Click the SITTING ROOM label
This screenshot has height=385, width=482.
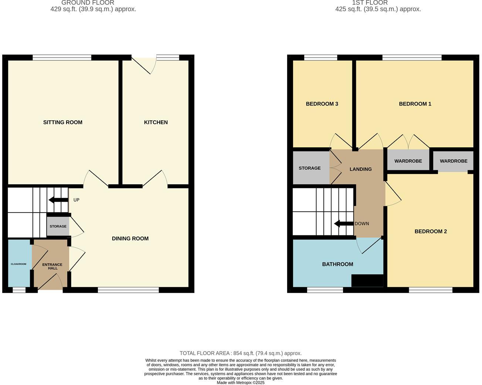63,122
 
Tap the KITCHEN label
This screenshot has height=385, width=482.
156,122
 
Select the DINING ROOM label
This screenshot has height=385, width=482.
130,238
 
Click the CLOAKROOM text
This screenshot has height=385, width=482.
18,264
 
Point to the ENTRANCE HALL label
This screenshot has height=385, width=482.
52,266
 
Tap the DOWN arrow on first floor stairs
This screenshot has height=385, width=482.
343,224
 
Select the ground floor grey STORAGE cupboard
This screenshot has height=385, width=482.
58,226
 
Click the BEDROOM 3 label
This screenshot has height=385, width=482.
322,104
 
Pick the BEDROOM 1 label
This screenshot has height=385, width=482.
415,104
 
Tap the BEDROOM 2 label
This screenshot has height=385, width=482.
431,231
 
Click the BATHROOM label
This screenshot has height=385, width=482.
337,264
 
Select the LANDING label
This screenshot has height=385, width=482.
360,169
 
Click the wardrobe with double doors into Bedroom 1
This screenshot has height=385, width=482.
408,161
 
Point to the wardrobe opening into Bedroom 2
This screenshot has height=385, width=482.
454,161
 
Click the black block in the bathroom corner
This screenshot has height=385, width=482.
367,281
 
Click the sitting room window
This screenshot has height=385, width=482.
62,57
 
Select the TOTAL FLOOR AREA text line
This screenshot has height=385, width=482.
241,353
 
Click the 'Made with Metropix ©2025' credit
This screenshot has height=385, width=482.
241,382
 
